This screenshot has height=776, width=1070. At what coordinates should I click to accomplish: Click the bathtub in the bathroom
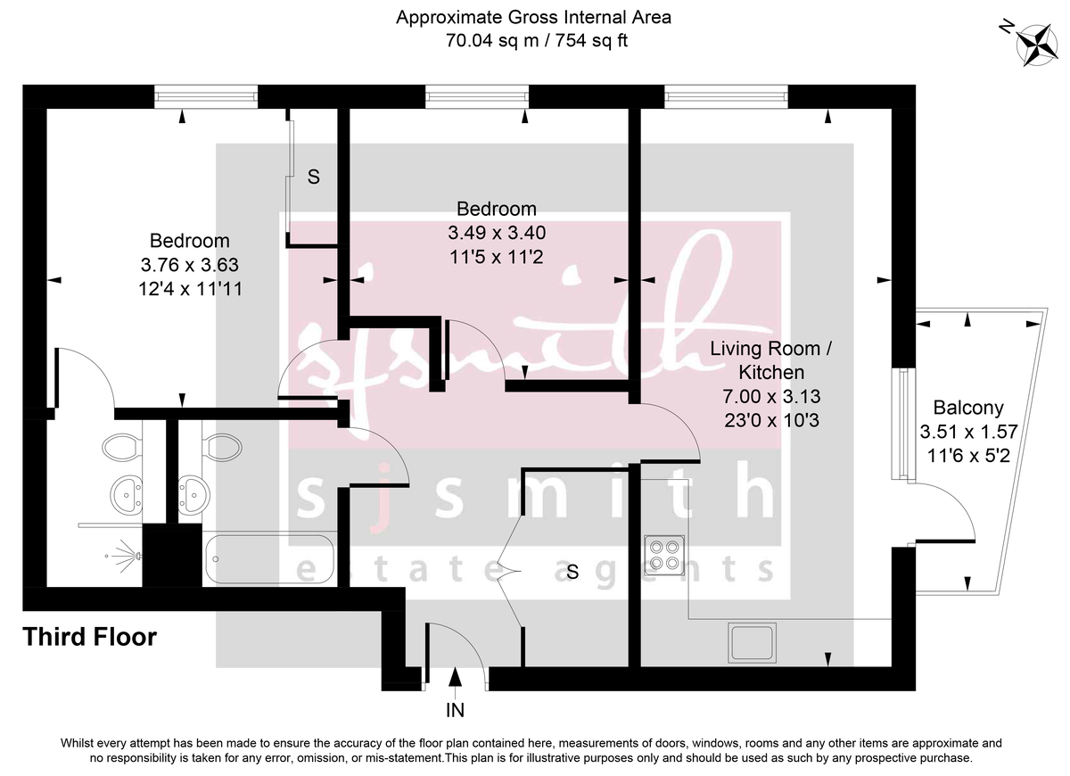click(269, 559)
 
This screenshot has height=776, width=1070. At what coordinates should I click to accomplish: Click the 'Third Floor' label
click(89, 637)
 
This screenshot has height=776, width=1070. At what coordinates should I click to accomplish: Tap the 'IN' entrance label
click(456, 710)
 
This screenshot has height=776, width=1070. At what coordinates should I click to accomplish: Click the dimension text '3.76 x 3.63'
click(189, 265)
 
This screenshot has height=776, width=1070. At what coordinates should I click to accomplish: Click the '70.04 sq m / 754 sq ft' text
click(534, 40)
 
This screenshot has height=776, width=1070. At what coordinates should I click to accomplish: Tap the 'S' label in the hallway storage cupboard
click(572, 573)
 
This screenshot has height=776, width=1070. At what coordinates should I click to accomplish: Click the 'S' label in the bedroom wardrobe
click(314, 177)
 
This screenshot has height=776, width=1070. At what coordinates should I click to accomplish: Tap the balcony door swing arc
click(954, 508)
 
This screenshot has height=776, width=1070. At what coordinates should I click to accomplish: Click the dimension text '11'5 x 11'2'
click(496, 257)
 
